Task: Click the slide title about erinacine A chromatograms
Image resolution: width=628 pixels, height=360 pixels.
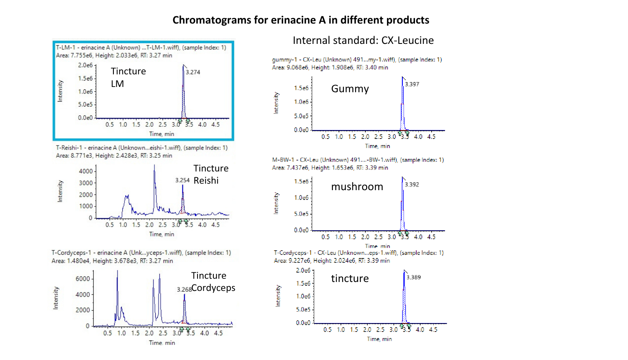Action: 301,20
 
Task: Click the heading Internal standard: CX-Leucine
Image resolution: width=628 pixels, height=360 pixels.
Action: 363,40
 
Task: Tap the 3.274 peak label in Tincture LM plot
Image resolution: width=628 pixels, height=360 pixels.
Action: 193,72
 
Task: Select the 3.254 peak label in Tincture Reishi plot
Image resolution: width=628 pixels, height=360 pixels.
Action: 183,180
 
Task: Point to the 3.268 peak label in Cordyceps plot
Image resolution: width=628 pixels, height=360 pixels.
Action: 184,289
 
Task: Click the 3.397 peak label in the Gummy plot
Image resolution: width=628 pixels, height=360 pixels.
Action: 412,84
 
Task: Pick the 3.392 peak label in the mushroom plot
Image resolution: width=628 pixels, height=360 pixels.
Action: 412,184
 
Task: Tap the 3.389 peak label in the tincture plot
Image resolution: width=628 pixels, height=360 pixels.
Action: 413,278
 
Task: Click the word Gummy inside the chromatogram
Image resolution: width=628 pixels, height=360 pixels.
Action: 350,89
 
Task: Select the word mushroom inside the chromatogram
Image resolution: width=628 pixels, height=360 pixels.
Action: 357,187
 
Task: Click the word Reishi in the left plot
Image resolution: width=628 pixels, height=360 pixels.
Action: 206,180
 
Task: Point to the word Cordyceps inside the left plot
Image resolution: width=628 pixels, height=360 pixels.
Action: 213,288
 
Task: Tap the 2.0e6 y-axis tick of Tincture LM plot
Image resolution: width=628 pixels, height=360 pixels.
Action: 85,65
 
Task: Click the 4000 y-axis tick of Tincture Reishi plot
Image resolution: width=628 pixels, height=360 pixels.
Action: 86,171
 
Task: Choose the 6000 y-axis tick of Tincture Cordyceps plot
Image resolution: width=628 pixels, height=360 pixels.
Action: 83,279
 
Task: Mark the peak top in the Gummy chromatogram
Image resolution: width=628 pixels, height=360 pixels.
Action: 402,77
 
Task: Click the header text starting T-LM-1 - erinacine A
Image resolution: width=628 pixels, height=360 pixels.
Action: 141,48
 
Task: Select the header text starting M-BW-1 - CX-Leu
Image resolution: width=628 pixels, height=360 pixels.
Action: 358,160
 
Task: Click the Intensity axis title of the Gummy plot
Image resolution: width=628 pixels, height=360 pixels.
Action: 276,103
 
